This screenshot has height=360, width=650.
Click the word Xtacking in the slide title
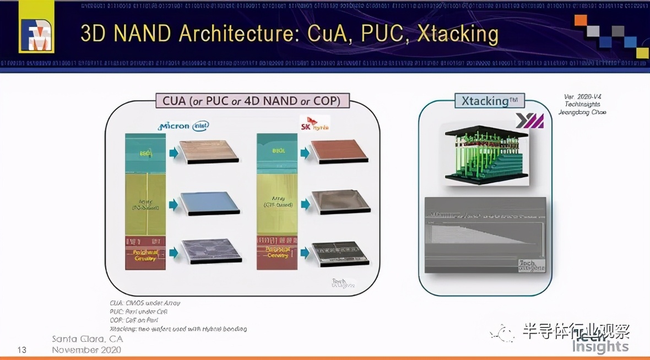coord(458,34)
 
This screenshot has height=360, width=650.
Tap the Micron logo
coord(174,126)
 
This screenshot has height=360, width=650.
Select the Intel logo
coord(200,126)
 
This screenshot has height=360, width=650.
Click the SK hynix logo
coord(315,123)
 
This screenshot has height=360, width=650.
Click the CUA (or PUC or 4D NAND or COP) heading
coord(248,101)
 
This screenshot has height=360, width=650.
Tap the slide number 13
coord(22,350)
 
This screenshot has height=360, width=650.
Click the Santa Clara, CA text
coord(87,339)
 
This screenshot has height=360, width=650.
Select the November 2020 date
coord(86,350)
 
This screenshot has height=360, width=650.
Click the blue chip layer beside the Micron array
coord(212,203)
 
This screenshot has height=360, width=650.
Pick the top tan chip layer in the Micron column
coord(212,151)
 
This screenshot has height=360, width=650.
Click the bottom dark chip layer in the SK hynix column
coord(339,253)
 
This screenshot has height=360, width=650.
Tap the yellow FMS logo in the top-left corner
coord(36,28)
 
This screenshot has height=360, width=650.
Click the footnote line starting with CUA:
coord(145,303)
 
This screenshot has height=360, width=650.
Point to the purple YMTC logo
coord(529,121)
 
